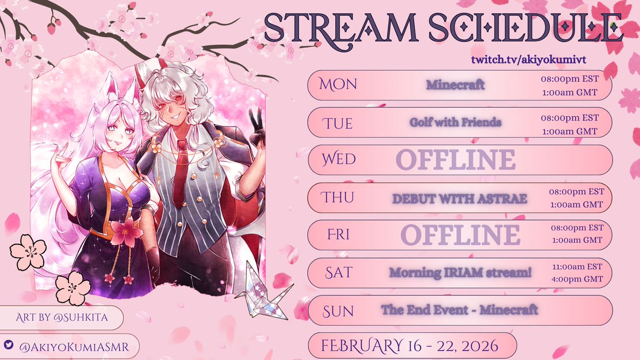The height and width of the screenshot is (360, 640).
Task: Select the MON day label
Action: tap(338, 84)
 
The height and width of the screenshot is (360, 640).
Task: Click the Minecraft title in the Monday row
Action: tap(455, 85)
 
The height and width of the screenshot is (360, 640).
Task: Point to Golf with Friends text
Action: tap(455, 122)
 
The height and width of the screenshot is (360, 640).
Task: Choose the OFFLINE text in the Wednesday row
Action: tap(455, 159)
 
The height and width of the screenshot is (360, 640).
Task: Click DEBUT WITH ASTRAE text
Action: tap(459, 198)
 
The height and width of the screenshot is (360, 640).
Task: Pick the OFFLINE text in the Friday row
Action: tap(460, 235)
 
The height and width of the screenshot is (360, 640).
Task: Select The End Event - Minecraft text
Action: tap(459, 309)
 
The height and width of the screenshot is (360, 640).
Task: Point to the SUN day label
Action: tap(338, 310)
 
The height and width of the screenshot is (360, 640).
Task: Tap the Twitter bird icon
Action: tap(9, 345)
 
